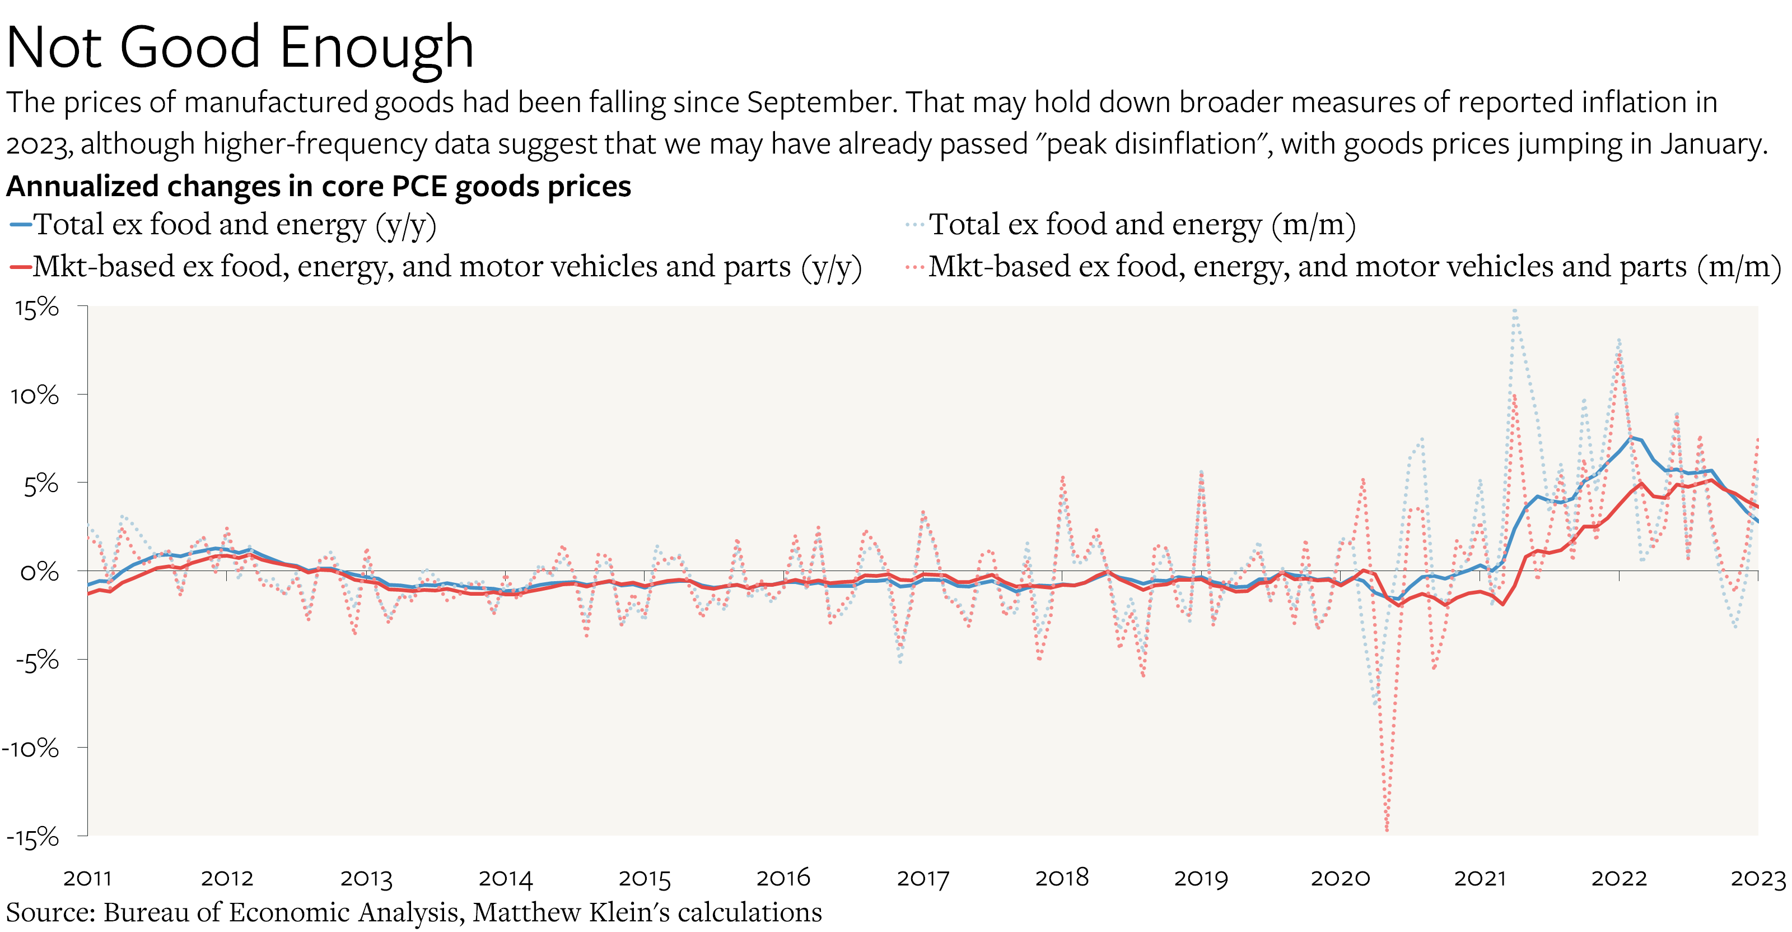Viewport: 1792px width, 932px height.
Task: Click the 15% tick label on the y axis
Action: (x=37, y=308)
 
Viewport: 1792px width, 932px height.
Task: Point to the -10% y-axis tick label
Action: (x=31, y=749)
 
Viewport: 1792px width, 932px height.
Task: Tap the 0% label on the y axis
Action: (x=40, y=572)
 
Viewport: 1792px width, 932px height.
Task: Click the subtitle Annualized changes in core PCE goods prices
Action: (x=318, y=187)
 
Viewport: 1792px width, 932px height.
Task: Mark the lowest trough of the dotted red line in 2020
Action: (x=1387, y=829)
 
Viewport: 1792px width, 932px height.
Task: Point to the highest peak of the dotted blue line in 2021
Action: (x=1514, y=311)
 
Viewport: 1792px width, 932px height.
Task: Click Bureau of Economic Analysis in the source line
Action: (x=281, y=912)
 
